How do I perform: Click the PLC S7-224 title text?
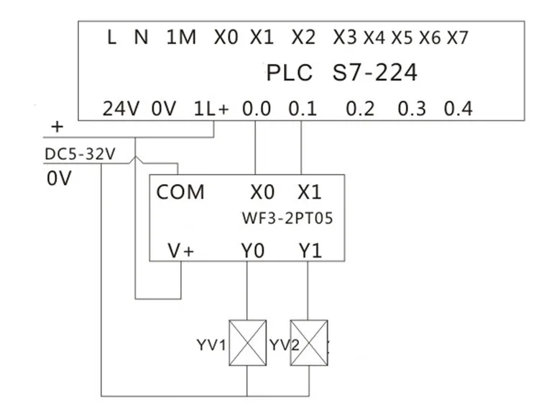(x=341, y=73)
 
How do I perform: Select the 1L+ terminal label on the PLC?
(x=211, y=110)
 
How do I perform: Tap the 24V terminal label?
(x=120, y=110)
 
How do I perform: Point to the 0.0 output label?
(x=257, y=110)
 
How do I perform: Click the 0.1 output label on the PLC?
(x=303, y=110)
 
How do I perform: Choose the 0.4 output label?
(x=458, y=110)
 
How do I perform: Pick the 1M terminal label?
(x=181, y=38)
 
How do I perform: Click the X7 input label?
(x=457, y=38)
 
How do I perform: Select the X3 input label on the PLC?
(x=345, y=38)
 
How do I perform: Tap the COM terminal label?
(x=180, y=193)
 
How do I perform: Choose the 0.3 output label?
(x=412, y=110)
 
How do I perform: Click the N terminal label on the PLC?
(x=142, y=38)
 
